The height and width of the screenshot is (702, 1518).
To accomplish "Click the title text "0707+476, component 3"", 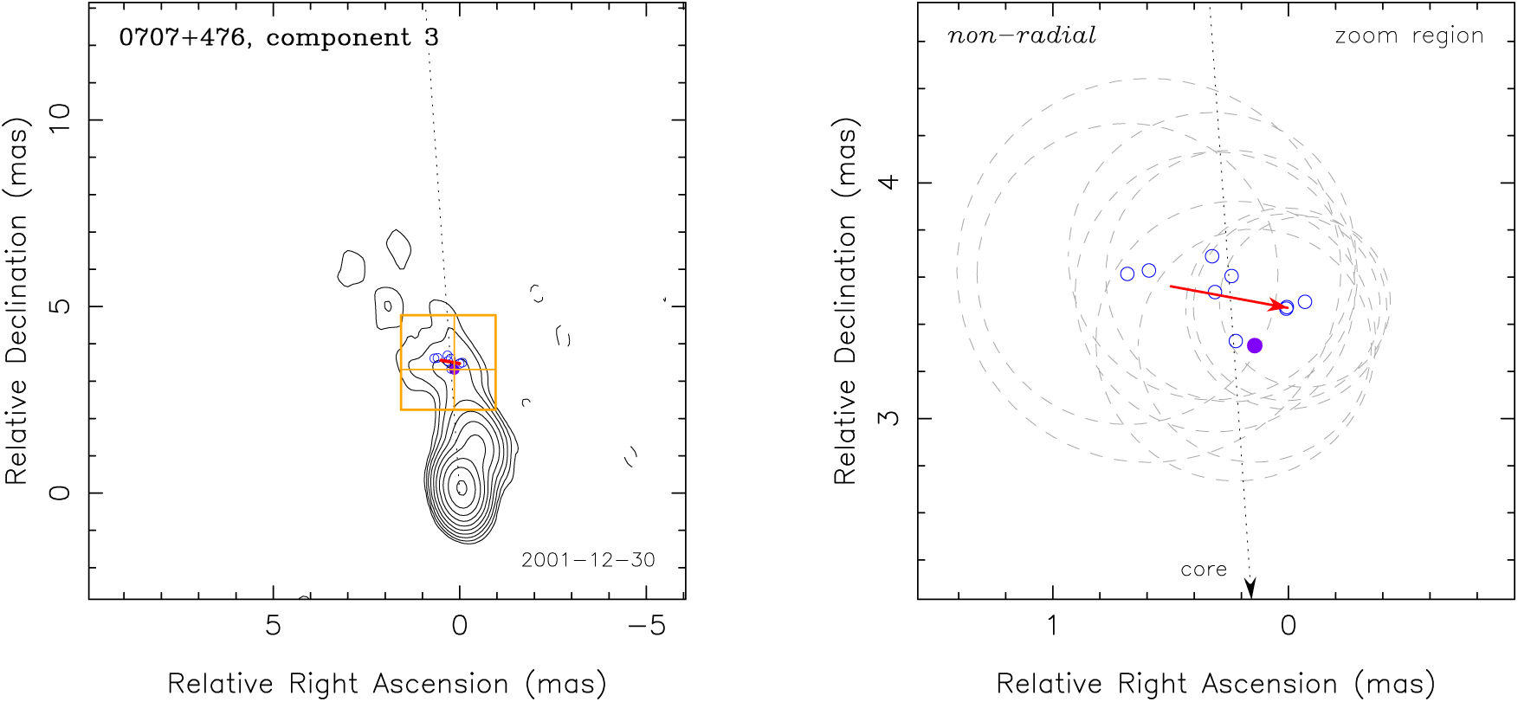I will point(278,37).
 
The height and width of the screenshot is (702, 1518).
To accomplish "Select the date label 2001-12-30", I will point(588,560).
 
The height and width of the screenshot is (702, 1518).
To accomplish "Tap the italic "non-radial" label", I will point(1021,35).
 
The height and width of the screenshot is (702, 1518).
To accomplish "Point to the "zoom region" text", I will point(1409,35).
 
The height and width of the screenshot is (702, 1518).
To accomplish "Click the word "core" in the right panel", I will point(1204,570).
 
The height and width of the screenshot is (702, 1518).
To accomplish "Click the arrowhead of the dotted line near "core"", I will point(1250,589).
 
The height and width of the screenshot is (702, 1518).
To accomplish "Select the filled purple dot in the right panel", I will point(1255,345).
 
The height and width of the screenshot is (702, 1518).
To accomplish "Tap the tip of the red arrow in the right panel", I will point(1284,306).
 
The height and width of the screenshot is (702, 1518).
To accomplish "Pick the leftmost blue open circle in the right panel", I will point(1127,274).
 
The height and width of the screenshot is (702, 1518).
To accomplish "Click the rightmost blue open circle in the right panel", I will point(1305,302).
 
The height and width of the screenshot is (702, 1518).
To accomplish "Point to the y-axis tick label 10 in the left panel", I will point(59,119).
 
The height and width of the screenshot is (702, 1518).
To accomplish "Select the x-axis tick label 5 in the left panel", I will point(273,626).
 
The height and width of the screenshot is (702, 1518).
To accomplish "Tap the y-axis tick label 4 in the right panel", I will point(888,183).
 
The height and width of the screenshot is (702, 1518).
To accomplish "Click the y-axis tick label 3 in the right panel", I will point(888,418).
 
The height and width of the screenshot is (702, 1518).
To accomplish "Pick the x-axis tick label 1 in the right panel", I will point(1052,626).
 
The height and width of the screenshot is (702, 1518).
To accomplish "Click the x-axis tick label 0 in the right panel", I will point(1289,626).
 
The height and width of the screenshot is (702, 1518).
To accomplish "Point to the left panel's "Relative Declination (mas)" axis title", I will point(17,300).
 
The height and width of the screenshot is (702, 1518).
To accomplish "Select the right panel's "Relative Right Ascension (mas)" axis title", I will point(1216,684).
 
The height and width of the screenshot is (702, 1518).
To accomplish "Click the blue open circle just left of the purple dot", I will point(1236,341).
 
